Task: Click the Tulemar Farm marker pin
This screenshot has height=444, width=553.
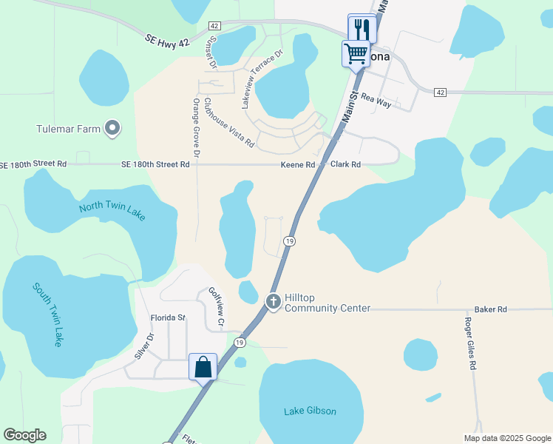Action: [x=112, y=129]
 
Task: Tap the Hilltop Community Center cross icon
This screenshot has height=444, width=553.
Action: [x=273, y=301]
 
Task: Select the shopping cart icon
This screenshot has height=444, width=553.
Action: [x=356, y=54]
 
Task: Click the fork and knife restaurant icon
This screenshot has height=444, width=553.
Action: [x=362, y=29]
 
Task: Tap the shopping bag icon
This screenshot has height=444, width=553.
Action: [x=203, y=367]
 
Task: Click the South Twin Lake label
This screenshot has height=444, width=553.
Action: [x=48, y=314]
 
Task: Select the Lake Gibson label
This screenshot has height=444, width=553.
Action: [x=310, y=411]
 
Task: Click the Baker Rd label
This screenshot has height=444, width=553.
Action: [x=491, y=309]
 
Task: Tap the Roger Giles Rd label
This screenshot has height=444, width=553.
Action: [x=469, y=343]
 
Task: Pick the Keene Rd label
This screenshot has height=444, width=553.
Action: [x=298, y=164]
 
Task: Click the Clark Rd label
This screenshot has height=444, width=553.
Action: [x=345, y=164]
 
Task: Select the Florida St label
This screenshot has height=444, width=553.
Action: [x=168, y=317]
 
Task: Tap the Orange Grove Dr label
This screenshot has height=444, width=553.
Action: [x=197, y=128]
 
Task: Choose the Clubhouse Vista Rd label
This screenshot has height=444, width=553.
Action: [x=229, y=122]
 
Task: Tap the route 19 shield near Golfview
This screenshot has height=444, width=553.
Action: [x=239, y=342]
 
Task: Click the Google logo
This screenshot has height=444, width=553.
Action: [x=24, y=435]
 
